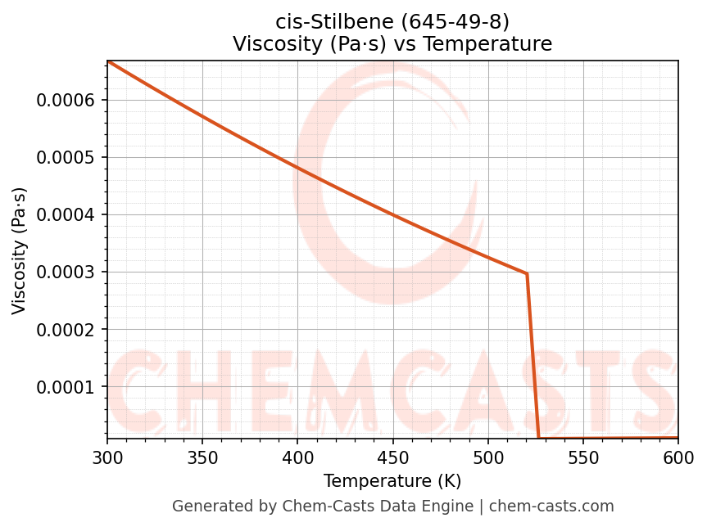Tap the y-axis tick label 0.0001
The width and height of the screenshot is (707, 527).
click(66, 387)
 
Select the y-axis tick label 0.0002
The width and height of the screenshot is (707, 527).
click(66, 330)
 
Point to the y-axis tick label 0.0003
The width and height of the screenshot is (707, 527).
click(66, 273)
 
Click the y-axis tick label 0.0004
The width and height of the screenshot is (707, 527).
click(66, 215)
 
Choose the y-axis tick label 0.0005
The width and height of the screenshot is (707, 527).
click(66, 158)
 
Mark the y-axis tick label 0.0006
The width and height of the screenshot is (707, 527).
click(66, 101)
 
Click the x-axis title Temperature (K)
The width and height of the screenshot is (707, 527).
click(392, 481)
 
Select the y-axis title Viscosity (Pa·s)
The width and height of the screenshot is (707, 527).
click(20, 250)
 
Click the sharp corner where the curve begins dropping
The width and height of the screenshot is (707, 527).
click(527, 273)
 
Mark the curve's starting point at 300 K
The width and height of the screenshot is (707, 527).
click(107, 61)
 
